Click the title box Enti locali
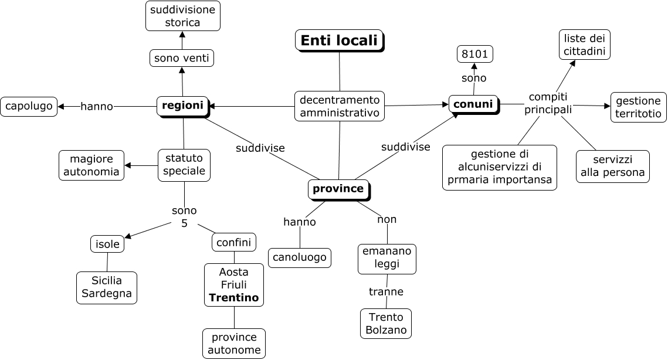(339, 40)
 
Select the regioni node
(182, 106)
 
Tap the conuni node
(473, 104)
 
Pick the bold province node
(338, 189)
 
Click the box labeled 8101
(475, 55)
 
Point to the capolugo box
(29, 106)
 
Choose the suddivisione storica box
(182, 16)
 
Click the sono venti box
(182, 58)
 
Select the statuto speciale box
(184, 165)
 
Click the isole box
(107, 244)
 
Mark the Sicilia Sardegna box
(107, 287)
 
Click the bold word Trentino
(234, 298)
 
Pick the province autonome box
(234, 344)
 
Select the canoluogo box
(300, 257)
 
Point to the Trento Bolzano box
(386, 324)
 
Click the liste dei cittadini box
(584, 45)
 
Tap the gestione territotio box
(639, 107)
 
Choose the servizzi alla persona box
(613, 167)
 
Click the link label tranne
(386, 291)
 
